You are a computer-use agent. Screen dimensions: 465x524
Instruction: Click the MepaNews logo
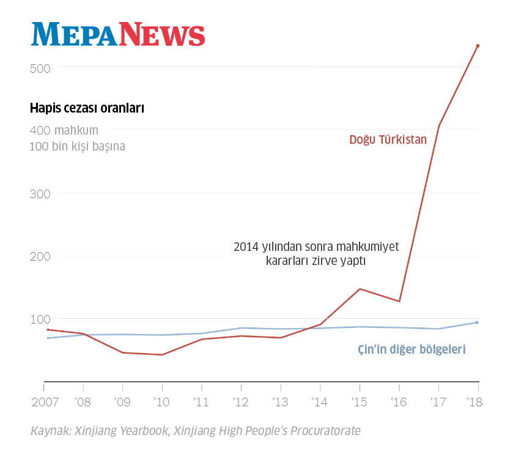click(x=118, y=34)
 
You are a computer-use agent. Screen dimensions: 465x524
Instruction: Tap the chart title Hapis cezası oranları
click(x=87, y=109)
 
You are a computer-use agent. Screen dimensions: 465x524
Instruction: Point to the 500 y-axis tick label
click(x=40, y=68)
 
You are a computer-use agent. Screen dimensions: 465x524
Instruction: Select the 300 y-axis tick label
click(x=40, y=194)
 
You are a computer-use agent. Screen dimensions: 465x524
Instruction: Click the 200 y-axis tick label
click(x=40, y=257)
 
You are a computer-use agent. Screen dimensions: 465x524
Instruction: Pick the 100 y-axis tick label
click(x=40, y=320)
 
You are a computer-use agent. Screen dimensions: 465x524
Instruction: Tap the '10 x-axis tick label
click(x=162, y=403)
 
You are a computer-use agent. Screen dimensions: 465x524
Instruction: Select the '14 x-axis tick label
click(x=320, y=403)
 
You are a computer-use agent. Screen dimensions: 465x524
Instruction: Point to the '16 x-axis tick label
click(x=399, y=403)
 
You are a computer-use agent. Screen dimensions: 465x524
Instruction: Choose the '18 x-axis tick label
click(x=474, y=403)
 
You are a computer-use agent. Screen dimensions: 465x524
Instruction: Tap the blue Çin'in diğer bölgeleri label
click(x=411, y=350)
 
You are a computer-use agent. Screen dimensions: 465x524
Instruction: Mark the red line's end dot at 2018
click(x=478, y=46)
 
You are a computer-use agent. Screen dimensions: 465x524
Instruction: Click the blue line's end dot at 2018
click(x=477, y=322)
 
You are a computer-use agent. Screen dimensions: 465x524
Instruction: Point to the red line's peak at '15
click(x=360, y=289)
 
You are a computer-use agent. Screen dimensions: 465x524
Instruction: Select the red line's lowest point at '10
click(x=162, y=355)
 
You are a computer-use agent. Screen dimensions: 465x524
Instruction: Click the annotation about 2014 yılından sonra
click(x=316, y=253)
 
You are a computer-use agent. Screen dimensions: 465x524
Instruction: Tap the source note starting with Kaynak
click(x=196, y=431)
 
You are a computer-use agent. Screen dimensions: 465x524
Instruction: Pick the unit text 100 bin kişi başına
click(x=77, y=147)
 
